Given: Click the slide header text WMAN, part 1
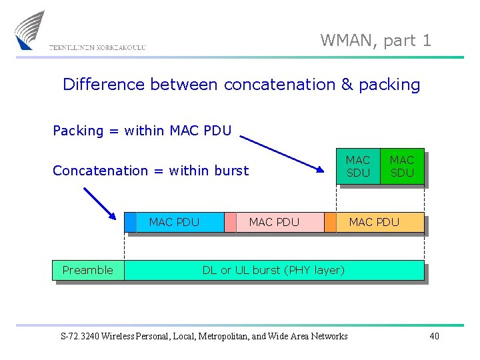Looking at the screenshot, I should pos(375,41).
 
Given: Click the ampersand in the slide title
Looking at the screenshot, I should pos(347,85).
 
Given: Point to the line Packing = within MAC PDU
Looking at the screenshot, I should pos(142,131).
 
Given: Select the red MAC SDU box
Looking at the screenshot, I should pos(358,166).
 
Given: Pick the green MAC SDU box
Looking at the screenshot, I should pos(402,166).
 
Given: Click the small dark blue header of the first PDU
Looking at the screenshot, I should pos(130,222).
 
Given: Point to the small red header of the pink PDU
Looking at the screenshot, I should pos(230,222).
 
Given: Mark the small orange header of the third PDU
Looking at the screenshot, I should pos(330,222).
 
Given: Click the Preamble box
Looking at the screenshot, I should pos(88,270).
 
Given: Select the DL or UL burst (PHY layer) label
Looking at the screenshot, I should pos(273,270).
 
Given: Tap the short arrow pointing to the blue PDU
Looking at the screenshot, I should pos(99,203).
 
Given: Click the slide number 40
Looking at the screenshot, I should pos(434,336).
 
